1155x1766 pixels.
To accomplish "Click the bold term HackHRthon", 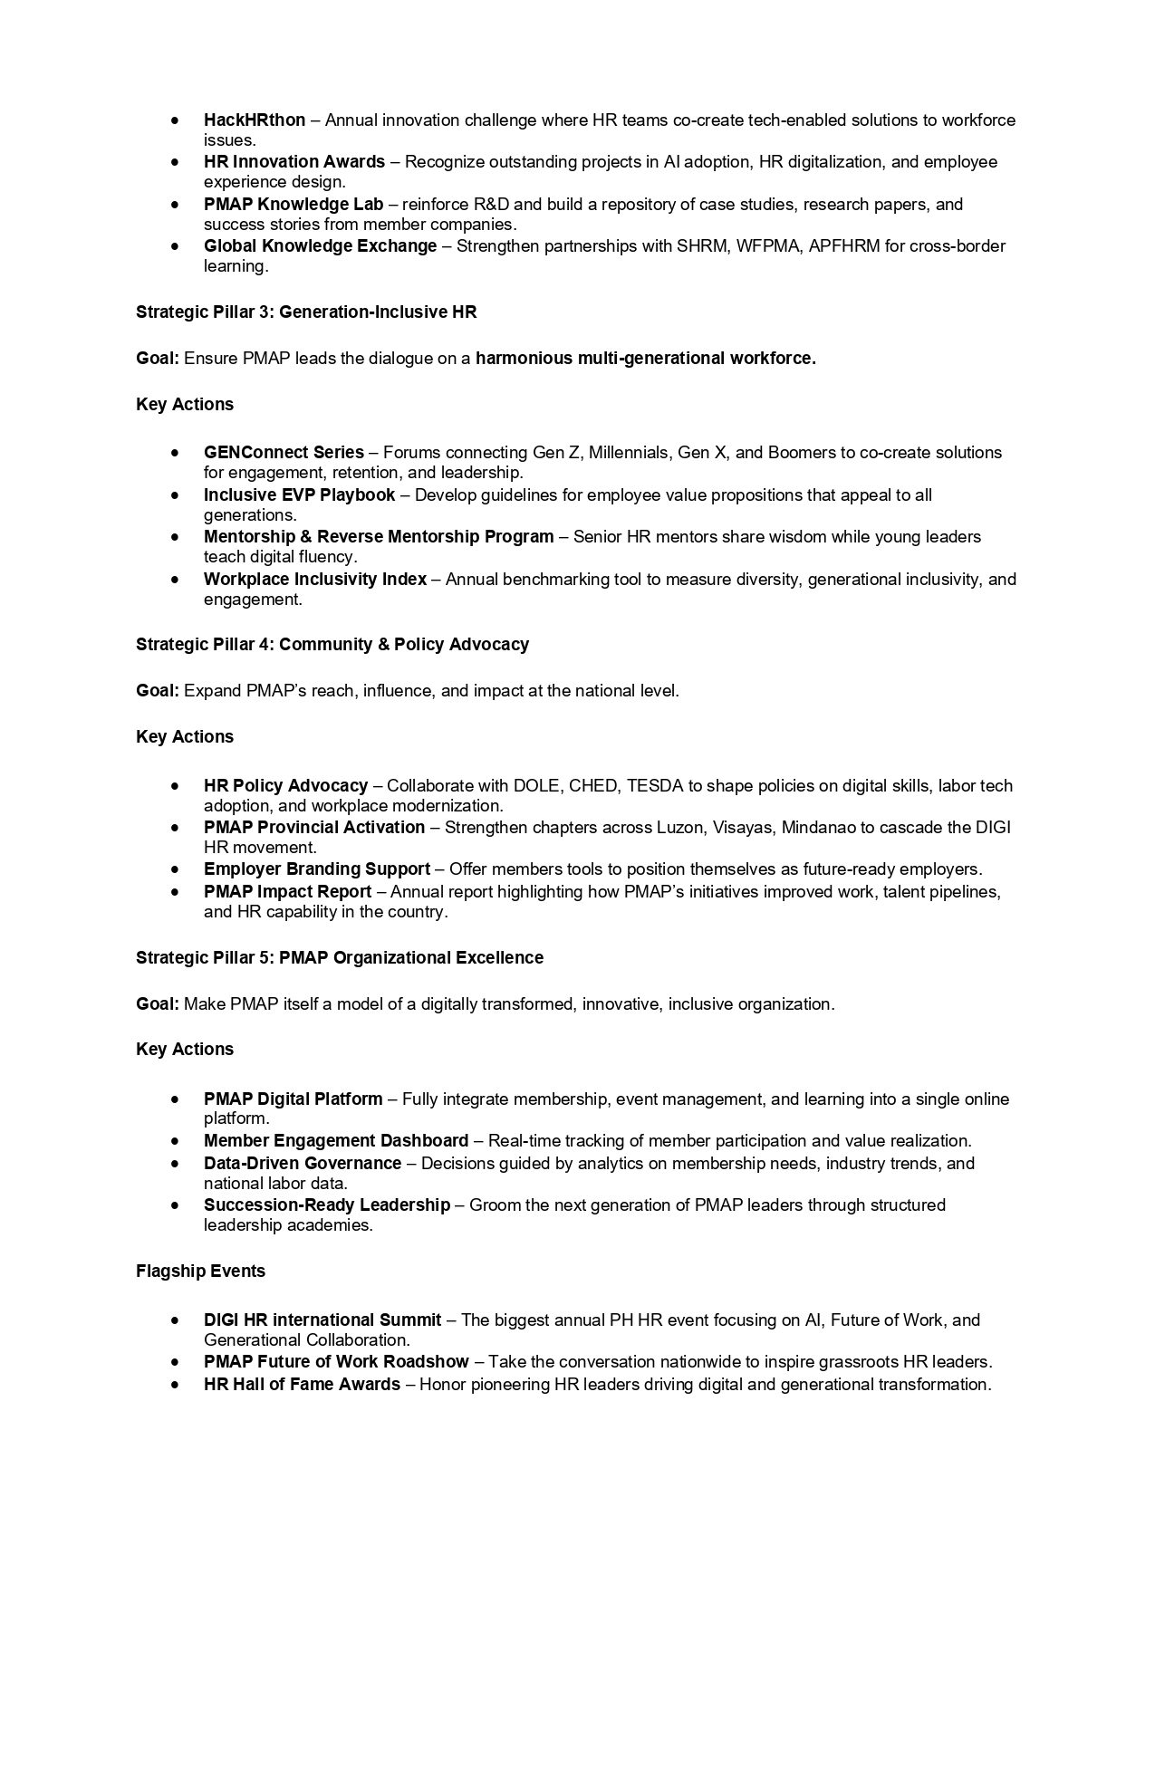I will [254, 120].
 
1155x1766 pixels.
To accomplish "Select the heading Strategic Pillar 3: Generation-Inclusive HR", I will [306, 312].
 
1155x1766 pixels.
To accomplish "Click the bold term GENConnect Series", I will [284, 452].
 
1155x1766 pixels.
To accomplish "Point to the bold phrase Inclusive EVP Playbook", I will [299, 495].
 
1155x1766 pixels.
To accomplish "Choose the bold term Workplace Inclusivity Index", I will [314, 579].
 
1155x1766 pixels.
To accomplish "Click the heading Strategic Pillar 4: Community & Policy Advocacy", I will [332, 645].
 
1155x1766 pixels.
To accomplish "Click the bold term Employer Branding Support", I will [316, 869].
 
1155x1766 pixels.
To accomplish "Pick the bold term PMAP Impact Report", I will [287, 892].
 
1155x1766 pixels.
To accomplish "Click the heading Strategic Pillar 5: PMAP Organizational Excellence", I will [339, 958].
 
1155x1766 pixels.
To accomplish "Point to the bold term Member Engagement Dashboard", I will [335, 1141].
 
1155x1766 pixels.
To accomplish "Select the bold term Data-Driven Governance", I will [302, 1163].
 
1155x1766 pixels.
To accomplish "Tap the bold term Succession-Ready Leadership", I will [326, 1205].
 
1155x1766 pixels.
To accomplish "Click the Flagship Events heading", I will [200, 1272].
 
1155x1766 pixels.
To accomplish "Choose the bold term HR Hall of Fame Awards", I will [302, 1385].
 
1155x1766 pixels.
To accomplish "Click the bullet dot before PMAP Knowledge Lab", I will [174, 205].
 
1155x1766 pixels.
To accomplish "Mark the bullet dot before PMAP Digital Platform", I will [174, 1099].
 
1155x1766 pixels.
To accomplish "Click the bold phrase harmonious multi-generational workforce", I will [645, 359].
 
